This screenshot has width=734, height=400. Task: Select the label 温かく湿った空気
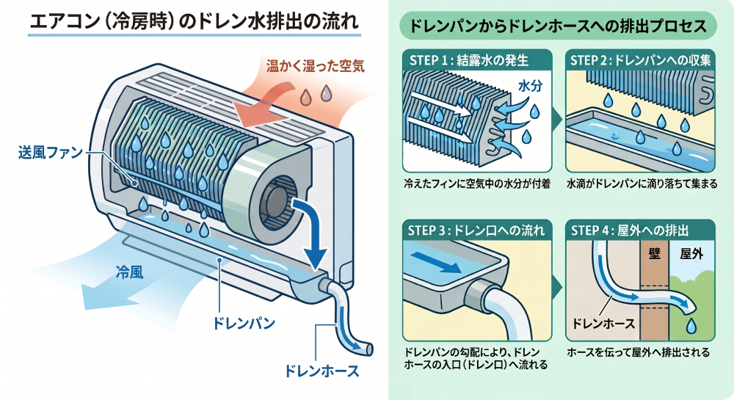[315, 65]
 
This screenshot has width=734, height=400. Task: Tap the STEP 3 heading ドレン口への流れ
[476, 230]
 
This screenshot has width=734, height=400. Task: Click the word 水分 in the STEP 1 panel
[529, 86]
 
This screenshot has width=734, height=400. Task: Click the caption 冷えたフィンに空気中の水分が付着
[476, 182]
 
